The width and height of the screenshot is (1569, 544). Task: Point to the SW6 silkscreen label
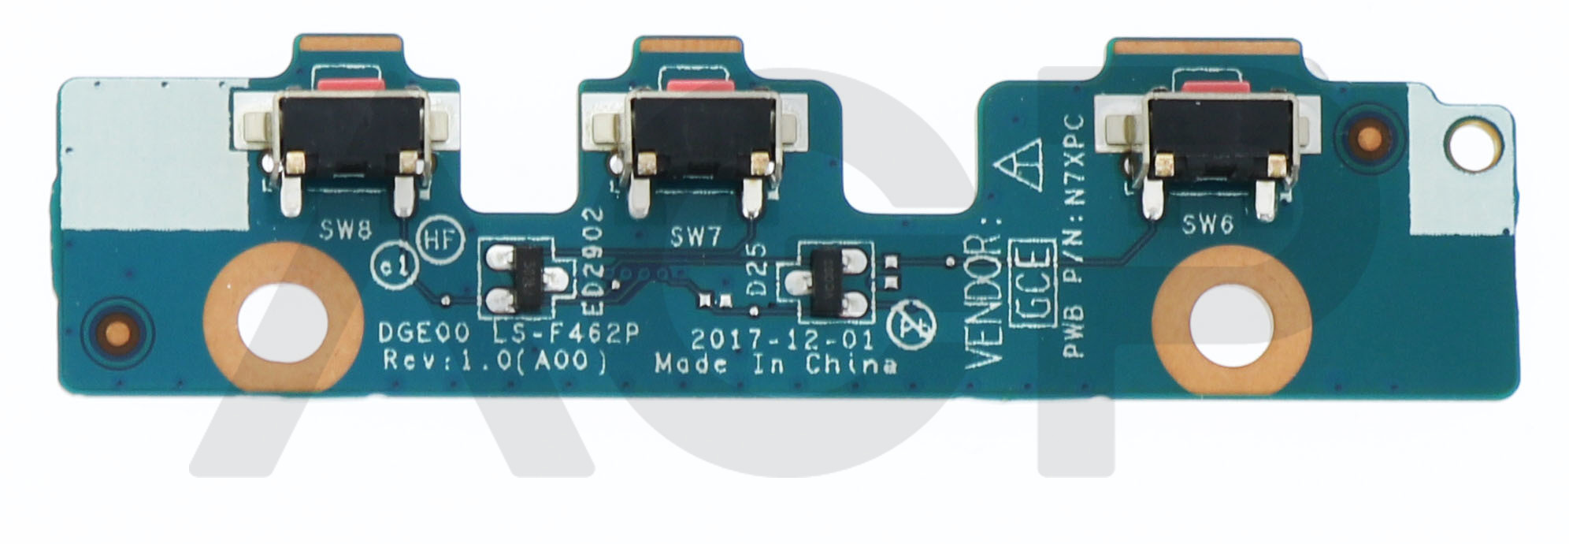click(x=1207, y=226)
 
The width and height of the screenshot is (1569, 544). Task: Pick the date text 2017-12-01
click(x=783, y=341)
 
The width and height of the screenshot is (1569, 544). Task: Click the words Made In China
click(x=776, y=365)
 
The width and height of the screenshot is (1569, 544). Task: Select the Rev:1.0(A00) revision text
click(x=493, y=363)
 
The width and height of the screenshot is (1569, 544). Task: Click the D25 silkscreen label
click(x=758, y=269)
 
